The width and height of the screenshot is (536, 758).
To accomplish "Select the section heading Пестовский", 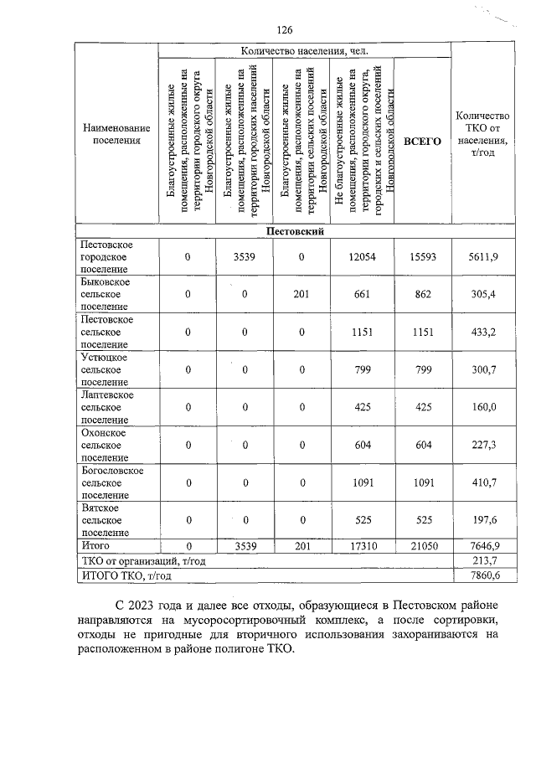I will pos(295,230).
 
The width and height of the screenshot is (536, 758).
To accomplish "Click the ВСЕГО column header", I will pos(422,142).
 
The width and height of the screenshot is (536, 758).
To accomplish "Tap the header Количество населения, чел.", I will pos(304,51).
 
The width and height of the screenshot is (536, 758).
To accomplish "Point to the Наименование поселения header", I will pos(116,134).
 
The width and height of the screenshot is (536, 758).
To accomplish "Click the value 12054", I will pos(363,257).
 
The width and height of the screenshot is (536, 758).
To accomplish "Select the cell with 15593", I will pos(422,257).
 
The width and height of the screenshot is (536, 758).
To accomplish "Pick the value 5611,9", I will pos(483,257).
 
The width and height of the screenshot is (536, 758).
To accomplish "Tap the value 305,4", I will pos(483,294).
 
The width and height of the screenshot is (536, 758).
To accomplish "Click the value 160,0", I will pos(483,407).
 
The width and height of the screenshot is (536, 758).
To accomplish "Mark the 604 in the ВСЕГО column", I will pos(422,445).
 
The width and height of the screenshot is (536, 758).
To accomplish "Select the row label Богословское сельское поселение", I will pos(111,482).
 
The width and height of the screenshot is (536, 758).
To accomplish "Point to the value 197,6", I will pos(483,519).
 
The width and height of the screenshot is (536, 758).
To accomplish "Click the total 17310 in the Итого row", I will pos(363,545).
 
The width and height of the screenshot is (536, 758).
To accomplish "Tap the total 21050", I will pos(422,545).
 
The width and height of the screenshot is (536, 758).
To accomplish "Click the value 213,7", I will pos(483,560).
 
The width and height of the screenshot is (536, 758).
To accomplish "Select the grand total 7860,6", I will pos(483,575).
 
